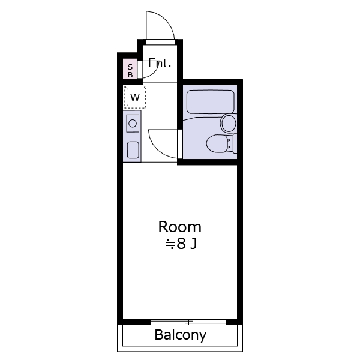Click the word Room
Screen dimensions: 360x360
(x=180, y=227)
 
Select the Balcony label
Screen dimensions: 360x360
(x=181, y=335)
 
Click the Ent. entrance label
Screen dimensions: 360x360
(x=160, y=63)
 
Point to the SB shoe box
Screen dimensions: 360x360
(x=130, y=69)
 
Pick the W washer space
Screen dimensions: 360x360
(x=135, y=97)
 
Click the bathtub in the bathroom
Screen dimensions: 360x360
(x=211, y=102)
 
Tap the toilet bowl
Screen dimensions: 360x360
(x=217, y=143)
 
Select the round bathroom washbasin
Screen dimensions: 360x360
(x=228, y=123)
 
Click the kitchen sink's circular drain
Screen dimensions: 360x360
(x=133, y=123)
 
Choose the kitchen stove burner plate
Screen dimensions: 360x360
(x=133, y=150)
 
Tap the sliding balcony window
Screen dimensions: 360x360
(x=188, y=322)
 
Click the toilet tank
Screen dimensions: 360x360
(x=235, y=143)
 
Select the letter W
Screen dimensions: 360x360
(x=135, y=97)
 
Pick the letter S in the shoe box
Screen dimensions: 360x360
(x=130, y=67)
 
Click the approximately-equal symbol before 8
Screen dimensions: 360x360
(x=170, y=244)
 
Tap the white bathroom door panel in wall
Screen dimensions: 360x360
(x=180, y=144)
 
